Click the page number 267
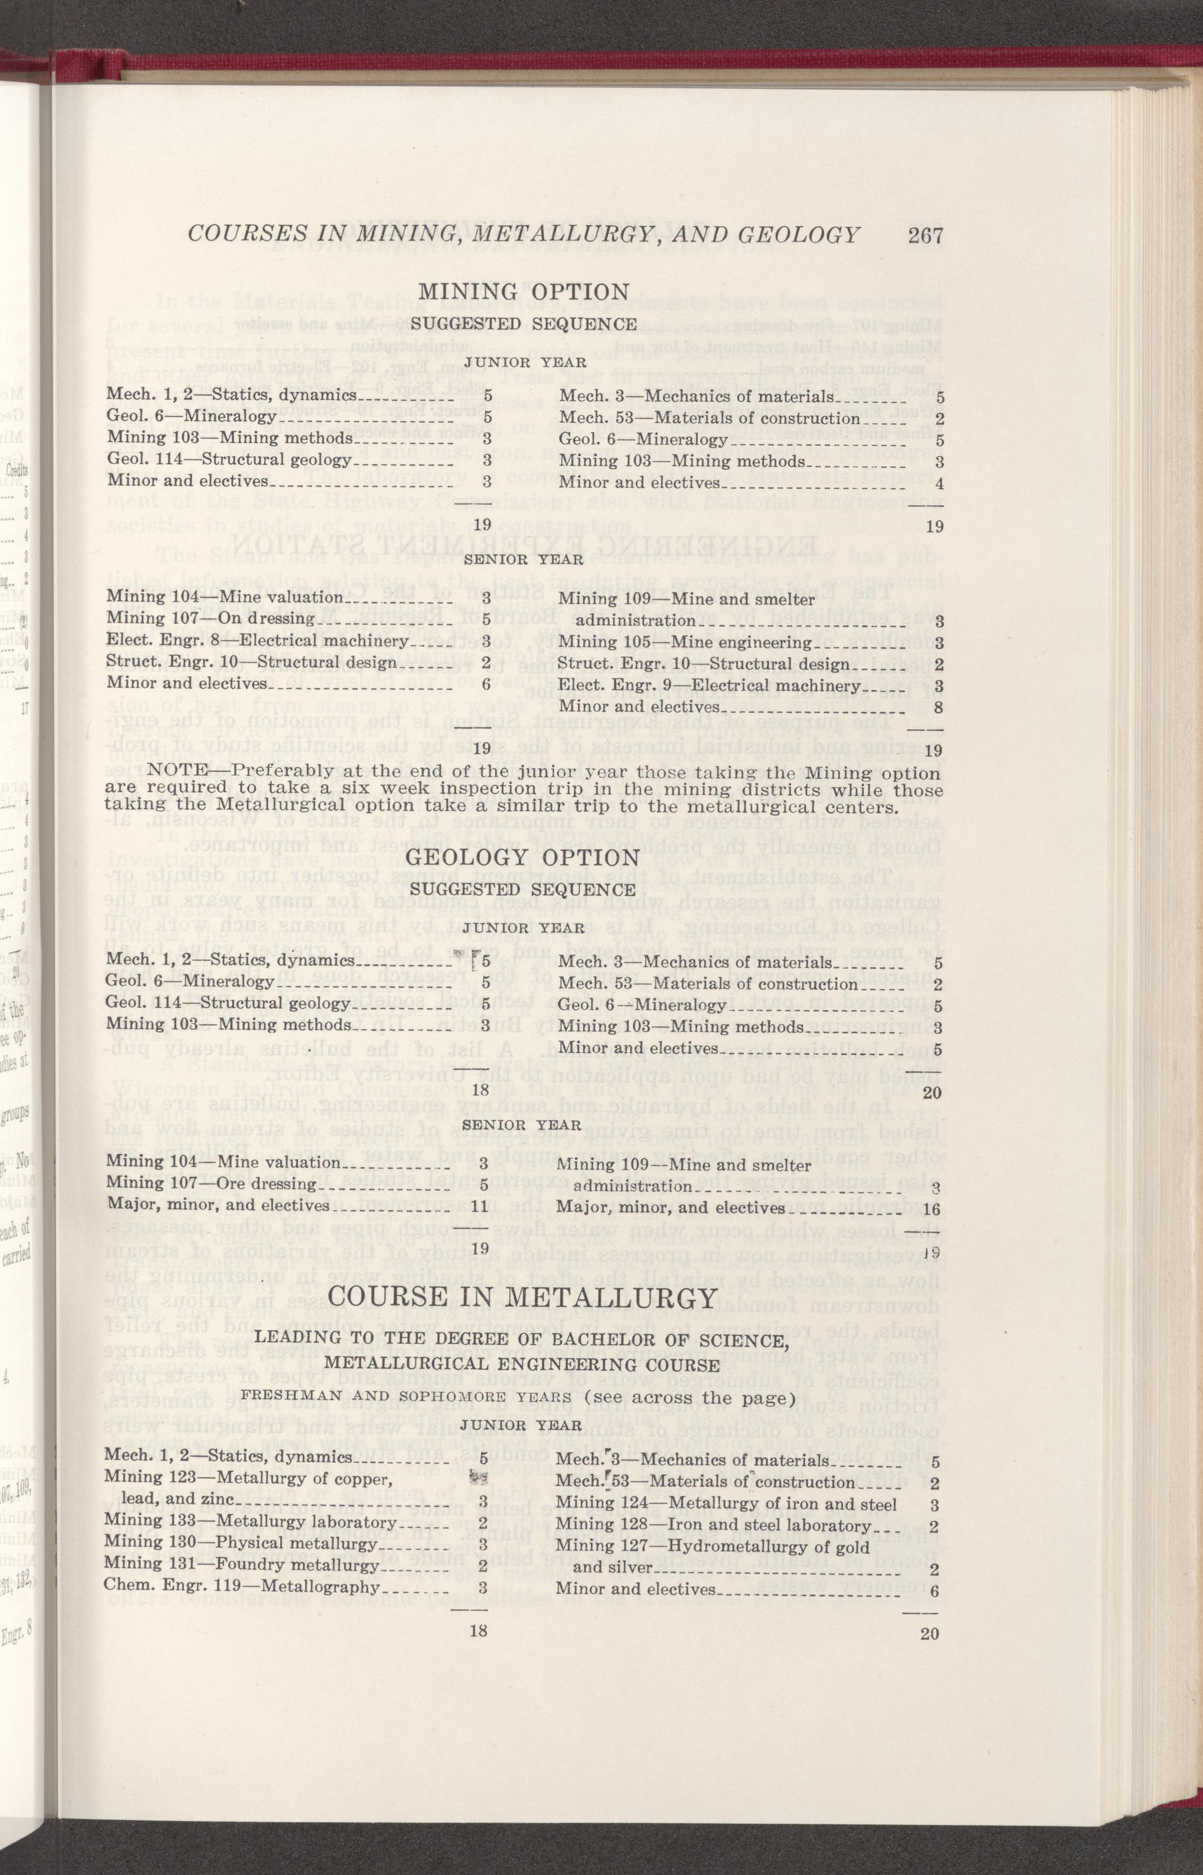(926, 235)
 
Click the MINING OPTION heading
(523, 291)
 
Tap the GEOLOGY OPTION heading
(523, 856)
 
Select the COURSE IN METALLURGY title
(522, 1298)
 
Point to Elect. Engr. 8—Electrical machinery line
(258, 641)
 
